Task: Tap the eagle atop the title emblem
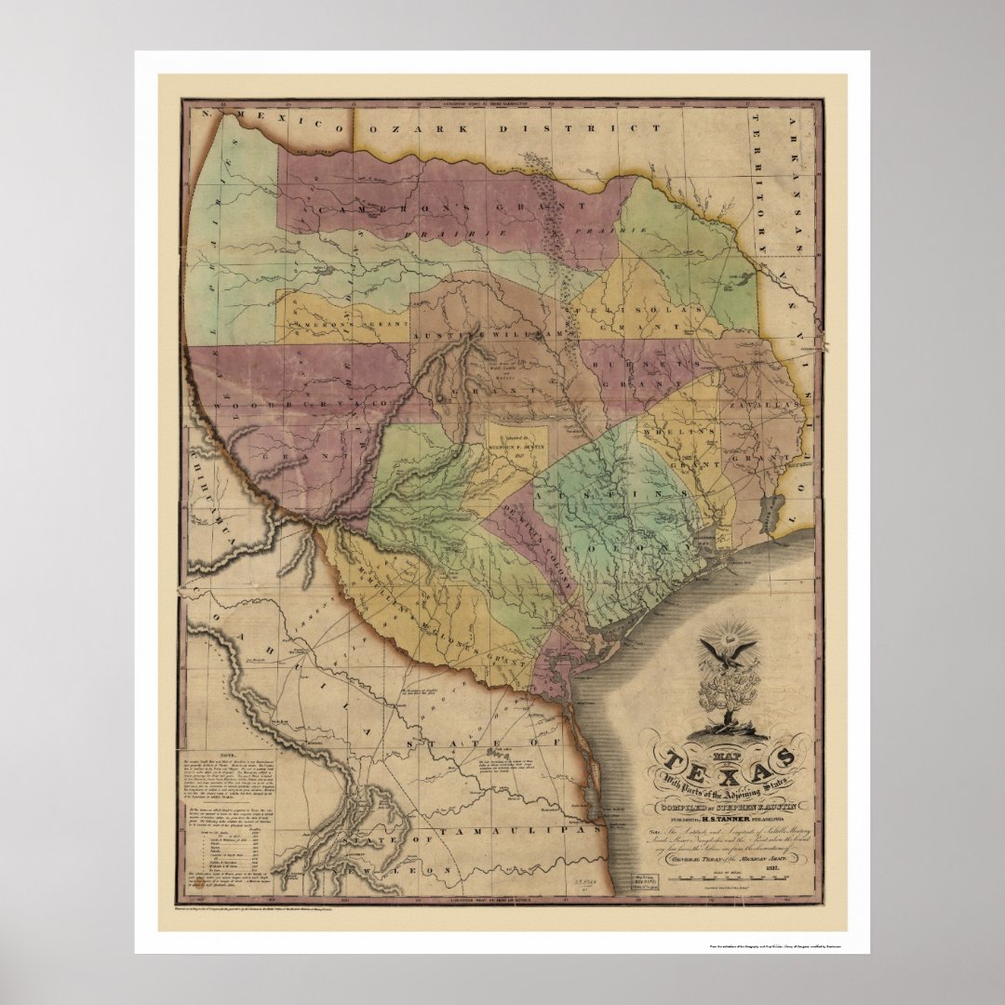pos(722,651)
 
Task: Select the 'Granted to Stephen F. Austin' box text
pos(515,444)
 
